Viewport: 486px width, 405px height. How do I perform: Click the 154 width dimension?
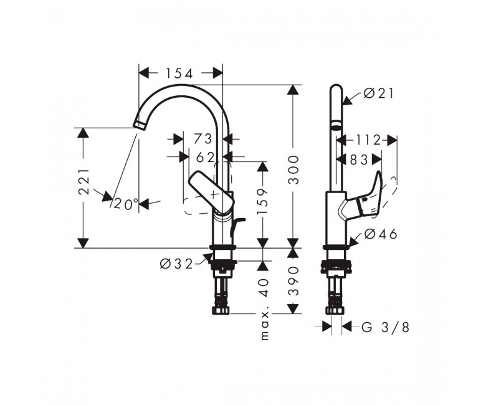[x=179, y=74]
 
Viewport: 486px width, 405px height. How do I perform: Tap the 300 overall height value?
[x=293, y=170]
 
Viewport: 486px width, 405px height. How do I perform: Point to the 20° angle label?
[x=126, y=204]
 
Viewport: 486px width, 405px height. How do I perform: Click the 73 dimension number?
[x=202, y=139]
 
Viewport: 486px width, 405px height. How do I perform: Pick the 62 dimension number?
[x=205, y=158]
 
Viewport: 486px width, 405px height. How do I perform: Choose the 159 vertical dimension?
[x=263, y=201]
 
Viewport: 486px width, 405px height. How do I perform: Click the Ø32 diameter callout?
[x=176, y=264]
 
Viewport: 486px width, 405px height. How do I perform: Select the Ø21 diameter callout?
[x=378, y=93]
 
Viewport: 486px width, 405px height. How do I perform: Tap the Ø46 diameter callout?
[x=380, y=234]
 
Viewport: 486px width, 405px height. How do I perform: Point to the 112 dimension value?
[x=368, y=140]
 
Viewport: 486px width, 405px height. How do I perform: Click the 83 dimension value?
[x=359, y=160]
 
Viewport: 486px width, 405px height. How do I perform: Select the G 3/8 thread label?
[x=385, y=327]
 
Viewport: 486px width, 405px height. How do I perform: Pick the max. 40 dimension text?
[x=264, y=309]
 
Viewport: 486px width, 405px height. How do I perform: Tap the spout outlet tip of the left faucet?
[x=139, y=125]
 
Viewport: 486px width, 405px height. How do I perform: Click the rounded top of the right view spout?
[x=336, y=88]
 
